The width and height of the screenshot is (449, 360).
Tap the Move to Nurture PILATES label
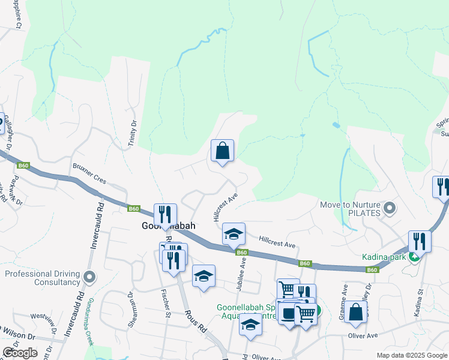pyautogui.click(x=354, y=209)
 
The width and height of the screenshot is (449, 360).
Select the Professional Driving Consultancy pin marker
pyautogui.click(x=90, y=277)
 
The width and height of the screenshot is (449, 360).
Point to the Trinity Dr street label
pyautogui.click(x=133, y=130)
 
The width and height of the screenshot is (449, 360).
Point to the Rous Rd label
pyautogui.click(x=196, y=321)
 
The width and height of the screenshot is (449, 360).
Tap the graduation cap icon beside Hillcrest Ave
pyautogui.click(x=234, y=233)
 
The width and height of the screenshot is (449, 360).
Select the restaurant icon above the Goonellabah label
pyautogui.click(x=164, y=214)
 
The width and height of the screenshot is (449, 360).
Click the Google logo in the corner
pyautogui.click(x=20, y=352)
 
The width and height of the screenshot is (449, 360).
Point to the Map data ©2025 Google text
pyautogui.click(x=411, y=355)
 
